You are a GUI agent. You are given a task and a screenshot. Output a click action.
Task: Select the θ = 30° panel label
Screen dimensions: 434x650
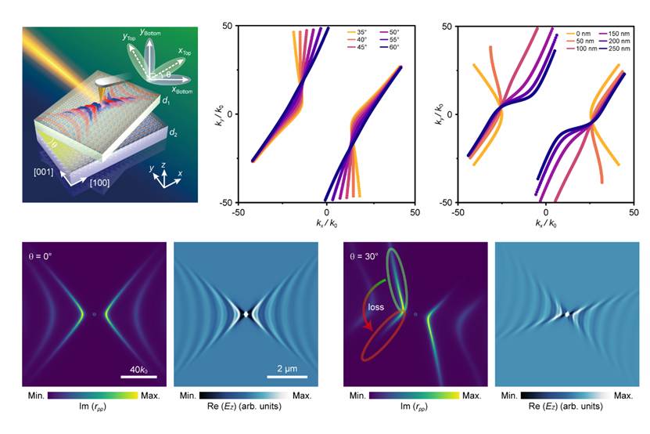[368, 255]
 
